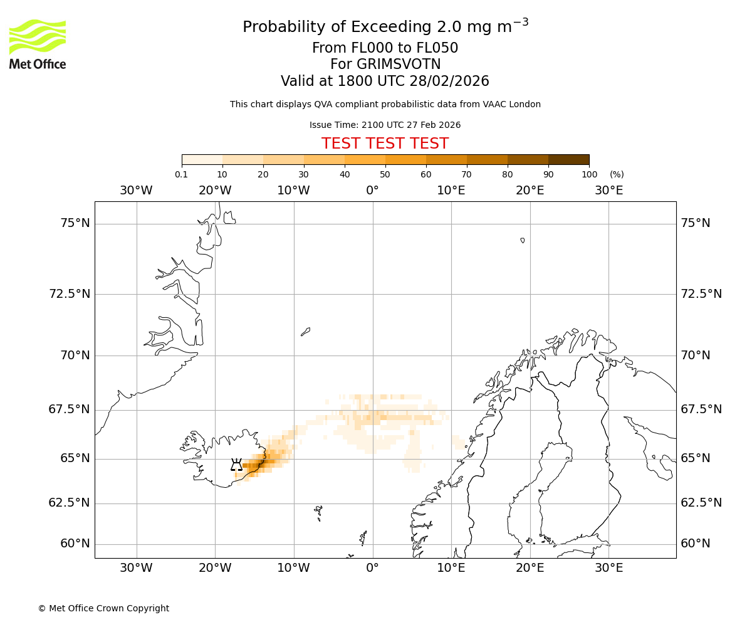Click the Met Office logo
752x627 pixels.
pos(38,44)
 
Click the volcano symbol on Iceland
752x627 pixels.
pos(236,465)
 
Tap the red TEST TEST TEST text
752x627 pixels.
pos(385,144)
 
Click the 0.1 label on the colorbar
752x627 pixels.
pos(182,174)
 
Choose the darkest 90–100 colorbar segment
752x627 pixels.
pos(568,159)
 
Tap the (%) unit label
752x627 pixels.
pos(617,174)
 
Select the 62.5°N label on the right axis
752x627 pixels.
pos(701,503)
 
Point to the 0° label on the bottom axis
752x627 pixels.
pos(372,568)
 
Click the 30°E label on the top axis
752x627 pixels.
pos(608,190)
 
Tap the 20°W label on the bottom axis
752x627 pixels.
pos(215,568)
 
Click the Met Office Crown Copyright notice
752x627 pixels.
pos(103,608)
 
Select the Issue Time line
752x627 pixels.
pos(385,125)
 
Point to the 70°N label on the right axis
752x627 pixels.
pos(696,356)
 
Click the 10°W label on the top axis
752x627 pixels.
pos(293,190)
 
